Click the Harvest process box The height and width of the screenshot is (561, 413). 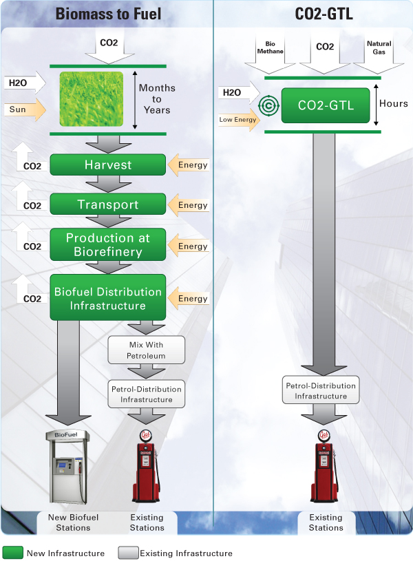coord(108,165)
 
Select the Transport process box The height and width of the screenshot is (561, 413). coord(108,204)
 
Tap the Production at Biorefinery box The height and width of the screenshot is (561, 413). coord(108,245)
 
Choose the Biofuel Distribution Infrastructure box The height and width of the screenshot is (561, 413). coord(108,298)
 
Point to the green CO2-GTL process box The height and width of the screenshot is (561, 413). coord(325,105)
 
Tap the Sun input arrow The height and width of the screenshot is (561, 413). coord(24,109)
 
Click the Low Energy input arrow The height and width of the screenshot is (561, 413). coord(237,119)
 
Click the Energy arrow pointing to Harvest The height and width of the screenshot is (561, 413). coord(189,165)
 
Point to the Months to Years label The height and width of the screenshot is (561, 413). coord(157,99)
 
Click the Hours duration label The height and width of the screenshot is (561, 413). coord(394,104)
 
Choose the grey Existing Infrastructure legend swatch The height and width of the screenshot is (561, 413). coord(128,553)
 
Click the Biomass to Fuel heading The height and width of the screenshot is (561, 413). coord(107,13)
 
